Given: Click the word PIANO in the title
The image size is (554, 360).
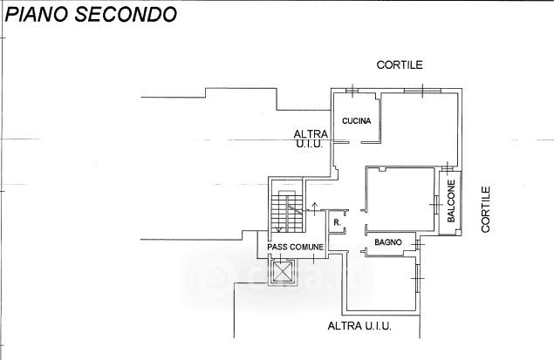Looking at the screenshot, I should pos(36,16).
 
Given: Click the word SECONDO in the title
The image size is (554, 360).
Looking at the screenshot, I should pos(120,16).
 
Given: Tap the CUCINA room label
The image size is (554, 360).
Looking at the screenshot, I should pos(357,121).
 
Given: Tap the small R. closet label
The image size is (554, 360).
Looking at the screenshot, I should pos(337,223).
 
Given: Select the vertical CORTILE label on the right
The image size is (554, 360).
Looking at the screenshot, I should pos(487,208).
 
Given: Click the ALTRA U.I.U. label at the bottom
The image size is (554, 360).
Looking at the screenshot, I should pos(359,326).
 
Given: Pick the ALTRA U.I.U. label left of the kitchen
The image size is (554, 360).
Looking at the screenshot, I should pos(310,139).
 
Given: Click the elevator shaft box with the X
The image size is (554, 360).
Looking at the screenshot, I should pos(284,273).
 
